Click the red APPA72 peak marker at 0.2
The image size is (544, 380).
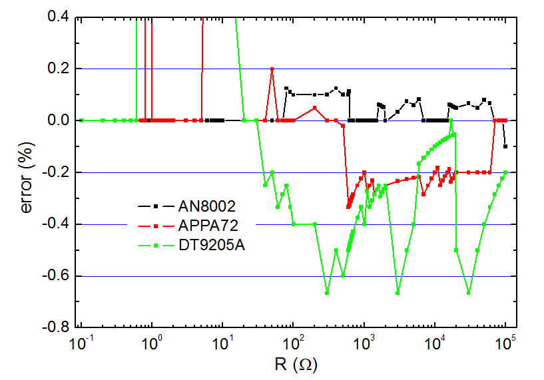pos(272,69)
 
